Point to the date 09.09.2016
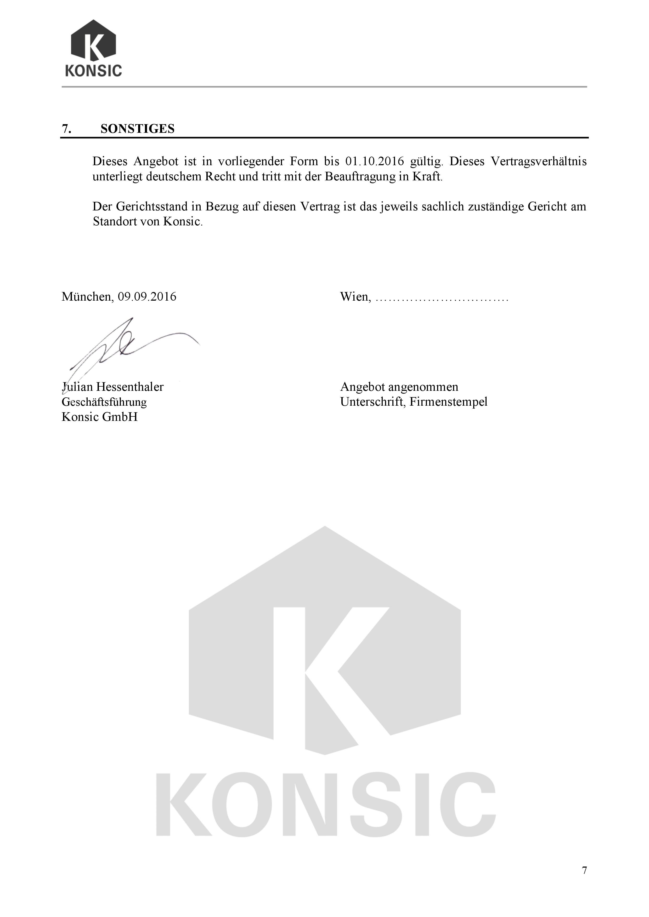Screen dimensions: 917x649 click(147, 297)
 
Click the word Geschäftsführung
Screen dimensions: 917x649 click(104, 402)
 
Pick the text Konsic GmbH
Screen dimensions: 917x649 click(99, 417)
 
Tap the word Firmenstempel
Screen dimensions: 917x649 click(448, 402)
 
